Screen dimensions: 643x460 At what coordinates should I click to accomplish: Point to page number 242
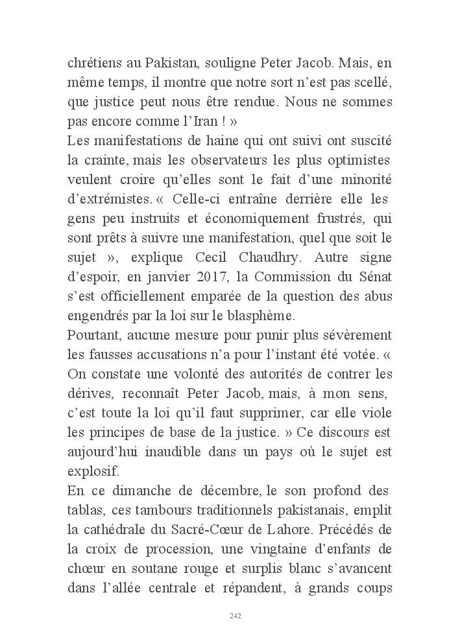pos(236,616)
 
